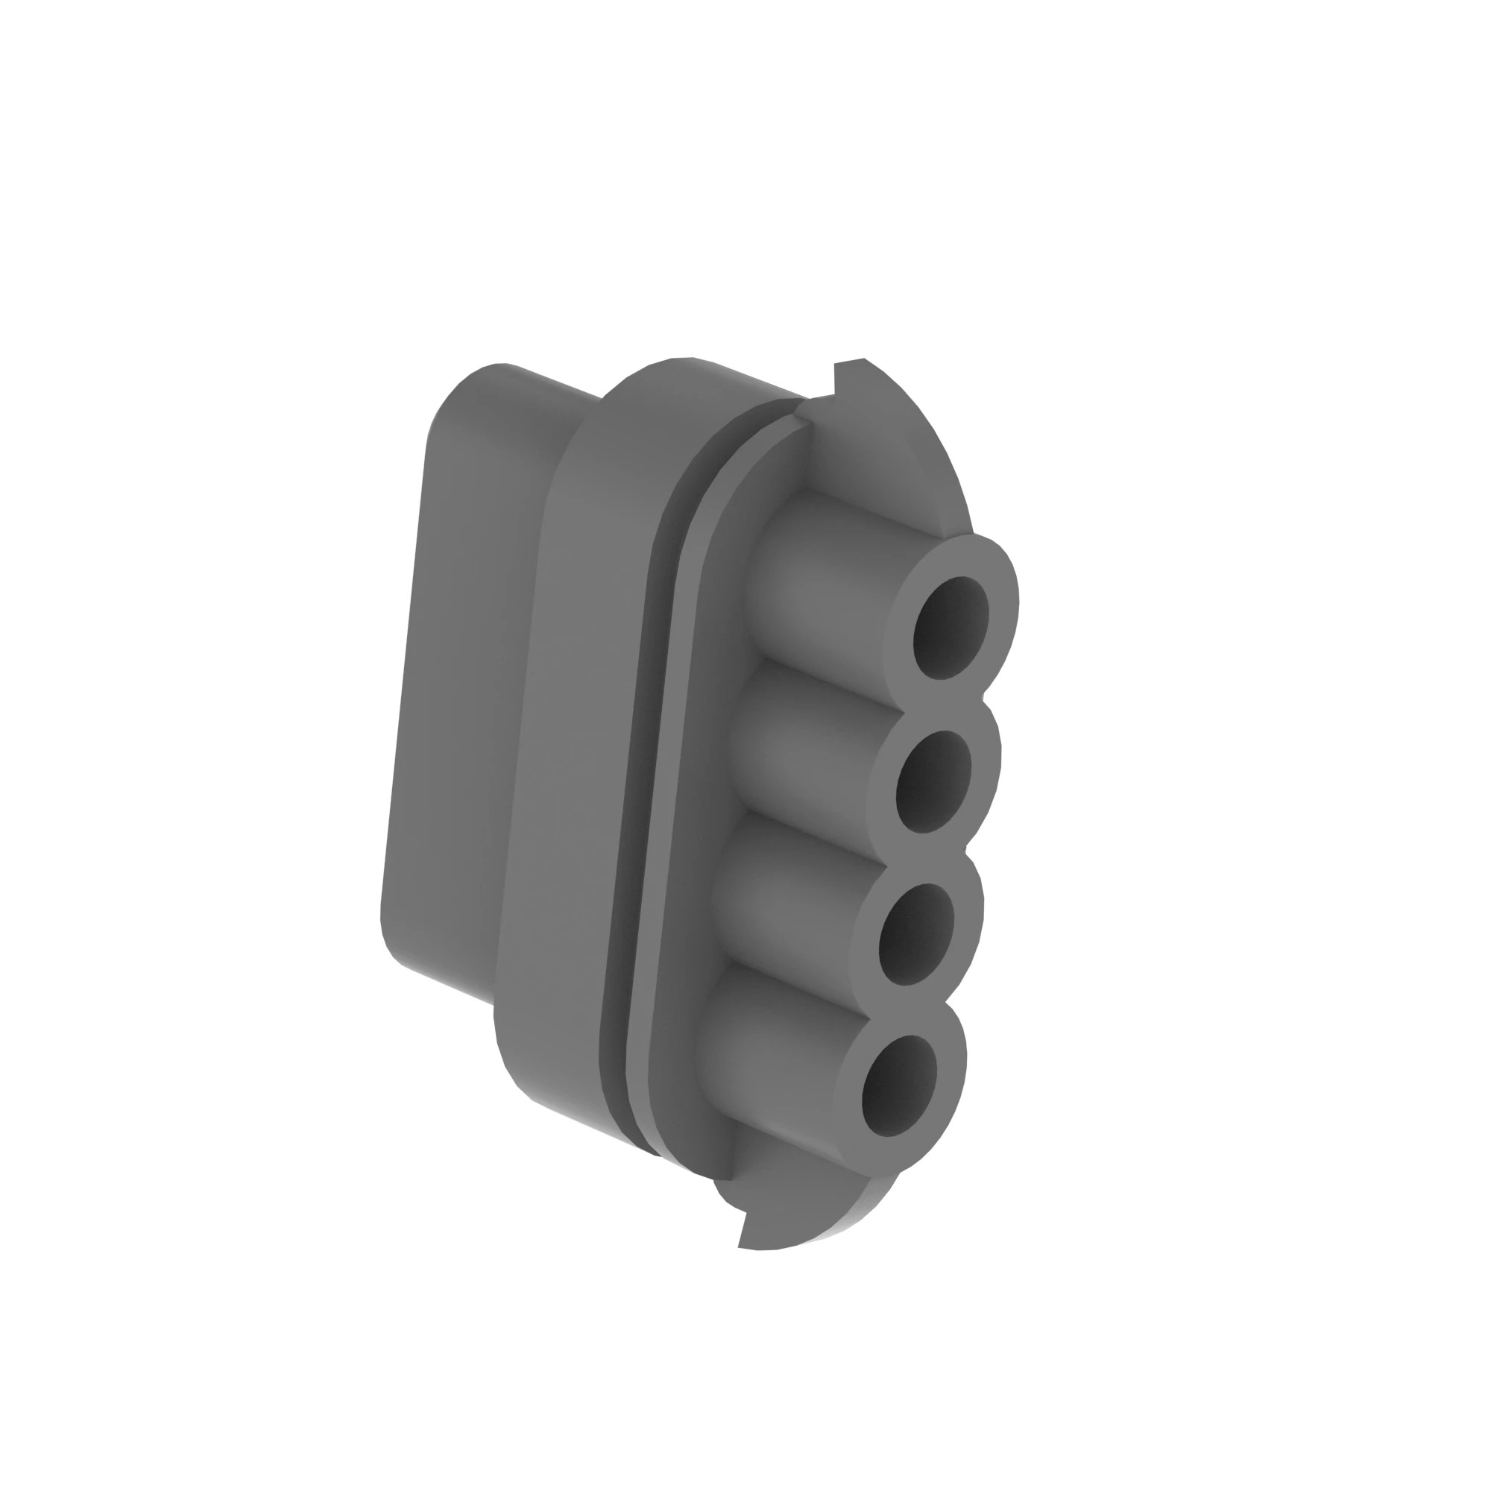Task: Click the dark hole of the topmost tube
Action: click(x=950, y=628)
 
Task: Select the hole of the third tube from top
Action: click(x=916, y=934)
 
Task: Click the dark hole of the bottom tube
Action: click(x=899, y=1086)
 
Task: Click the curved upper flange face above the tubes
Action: click(x=887, y=456)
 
